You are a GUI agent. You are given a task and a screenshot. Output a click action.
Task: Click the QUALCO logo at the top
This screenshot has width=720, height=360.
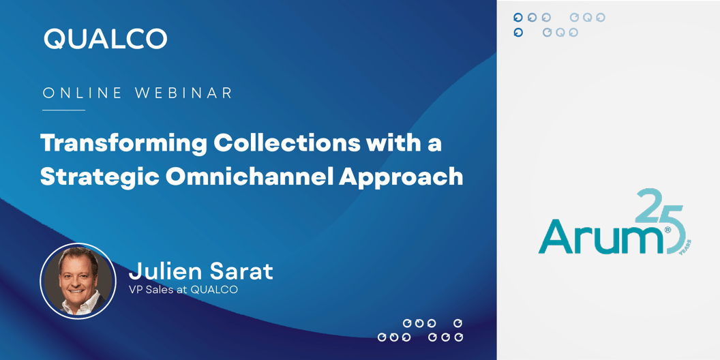(x=106, y=39)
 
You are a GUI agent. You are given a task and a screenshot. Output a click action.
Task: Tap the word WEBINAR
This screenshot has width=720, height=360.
(x=183, y=93)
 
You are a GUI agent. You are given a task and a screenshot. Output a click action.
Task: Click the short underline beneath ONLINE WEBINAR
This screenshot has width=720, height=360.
(x=64, y=110)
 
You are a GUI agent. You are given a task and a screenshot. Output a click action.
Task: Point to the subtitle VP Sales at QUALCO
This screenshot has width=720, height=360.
(x=183, y=290)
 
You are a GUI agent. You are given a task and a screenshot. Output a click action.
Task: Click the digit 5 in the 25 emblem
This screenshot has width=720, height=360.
(x=673, y=227)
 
